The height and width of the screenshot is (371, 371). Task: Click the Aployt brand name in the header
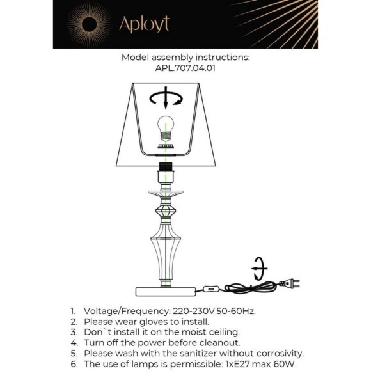(x=145, y=24)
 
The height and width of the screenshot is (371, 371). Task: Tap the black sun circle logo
(x=89, y=24)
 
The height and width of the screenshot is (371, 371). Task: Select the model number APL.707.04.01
(x=185, y=68)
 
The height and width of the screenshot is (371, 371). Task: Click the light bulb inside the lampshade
(x=166, y=129)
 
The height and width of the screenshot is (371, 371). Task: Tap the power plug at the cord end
(x=290, y=283)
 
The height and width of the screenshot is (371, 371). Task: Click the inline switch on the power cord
(x=211, y=288)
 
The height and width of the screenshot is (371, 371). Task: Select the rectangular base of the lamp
(x=166, y=292)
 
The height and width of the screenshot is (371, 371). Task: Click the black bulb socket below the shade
(x=166, y=167)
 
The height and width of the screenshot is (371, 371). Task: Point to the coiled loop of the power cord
(x=250, y=287)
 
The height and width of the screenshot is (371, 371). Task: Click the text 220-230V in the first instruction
(x=194, y=311)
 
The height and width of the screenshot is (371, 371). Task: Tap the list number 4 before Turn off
(x=74, y=343)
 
